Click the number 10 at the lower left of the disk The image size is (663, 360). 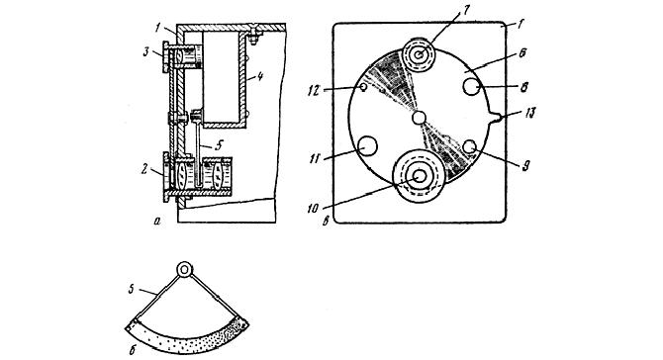coord(343,210)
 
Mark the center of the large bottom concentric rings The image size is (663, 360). coord(420,176)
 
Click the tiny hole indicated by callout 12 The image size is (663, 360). coord(364,87)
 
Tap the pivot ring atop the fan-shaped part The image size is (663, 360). coord(185,269)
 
